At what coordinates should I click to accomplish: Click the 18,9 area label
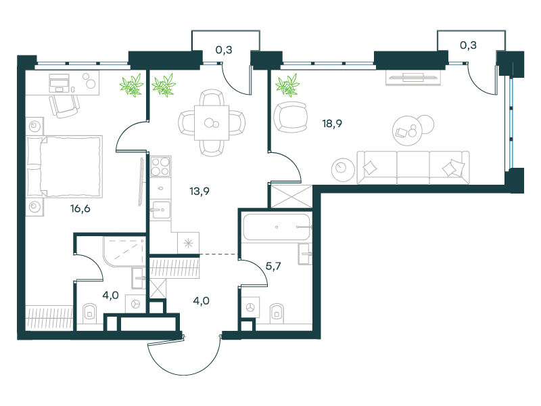[x=332, y=124]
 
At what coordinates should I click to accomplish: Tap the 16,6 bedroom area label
[x=80, y=208]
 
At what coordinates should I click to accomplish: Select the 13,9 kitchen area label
[x=199, y=191]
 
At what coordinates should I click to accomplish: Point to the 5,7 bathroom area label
[x=273, y=266]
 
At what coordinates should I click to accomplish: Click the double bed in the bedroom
[x=64, y=166]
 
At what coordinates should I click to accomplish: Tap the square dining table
[x=212, y=122]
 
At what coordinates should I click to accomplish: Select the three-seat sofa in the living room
[x=413, y=167]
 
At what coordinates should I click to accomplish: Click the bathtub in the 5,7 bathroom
[x=277, y=227]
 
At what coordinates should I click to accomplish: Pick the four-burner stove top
[x=161, y=166]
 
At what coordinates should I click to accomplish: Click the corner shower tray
[x=124, y=252]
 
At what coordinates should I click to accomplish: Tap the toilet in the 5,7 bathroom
[x=277, y=313]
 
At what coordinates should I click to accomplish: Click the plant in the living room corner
[x=287, y=85]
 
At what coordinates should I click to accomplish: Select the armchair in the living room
[x=291, y=117]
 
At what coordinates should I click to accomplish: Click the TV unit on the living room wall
[x=413, y=78]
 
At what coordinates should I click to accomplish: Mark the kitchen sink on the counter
[x=161, y=210]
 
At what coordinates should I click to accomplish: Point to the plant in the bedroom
[x=131, y=85]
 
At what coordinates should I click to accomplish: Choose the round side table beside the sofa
[x=343, y=170]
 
